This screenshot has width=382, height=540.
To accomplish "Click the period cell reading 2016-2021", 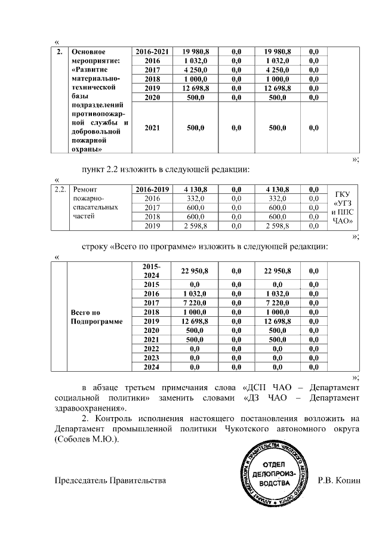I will pos(152,52).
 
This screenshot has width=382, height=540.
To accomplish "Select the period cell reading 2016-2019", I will pos(152,189).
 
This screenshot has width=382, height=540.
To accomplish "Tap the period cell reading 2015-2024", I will pos(152,271).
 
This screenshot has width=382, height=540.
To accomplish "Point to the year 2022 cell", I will pos(152,348).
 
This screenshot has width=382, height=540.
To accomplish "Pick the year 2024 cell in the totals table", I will pos(152,367).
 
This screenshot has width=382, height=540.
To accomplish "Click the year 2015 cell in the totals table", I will pos(152,285).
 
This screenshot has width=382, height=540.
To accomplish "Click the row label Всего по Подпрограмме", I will pos(88,317).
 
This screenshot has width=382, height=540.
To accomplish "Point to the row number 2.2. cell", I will pos(59,189).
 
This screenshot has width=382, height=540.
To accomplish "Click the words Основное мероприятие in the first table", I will pos(92,56).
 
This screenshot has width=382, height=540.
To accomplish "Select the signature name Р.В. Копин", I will pos(340,480).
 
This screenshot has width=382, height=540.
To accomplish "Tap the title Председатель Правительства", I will pos(110,480).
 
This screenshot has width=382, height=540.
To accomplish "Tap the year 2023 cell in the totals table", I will pos(152,357).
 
